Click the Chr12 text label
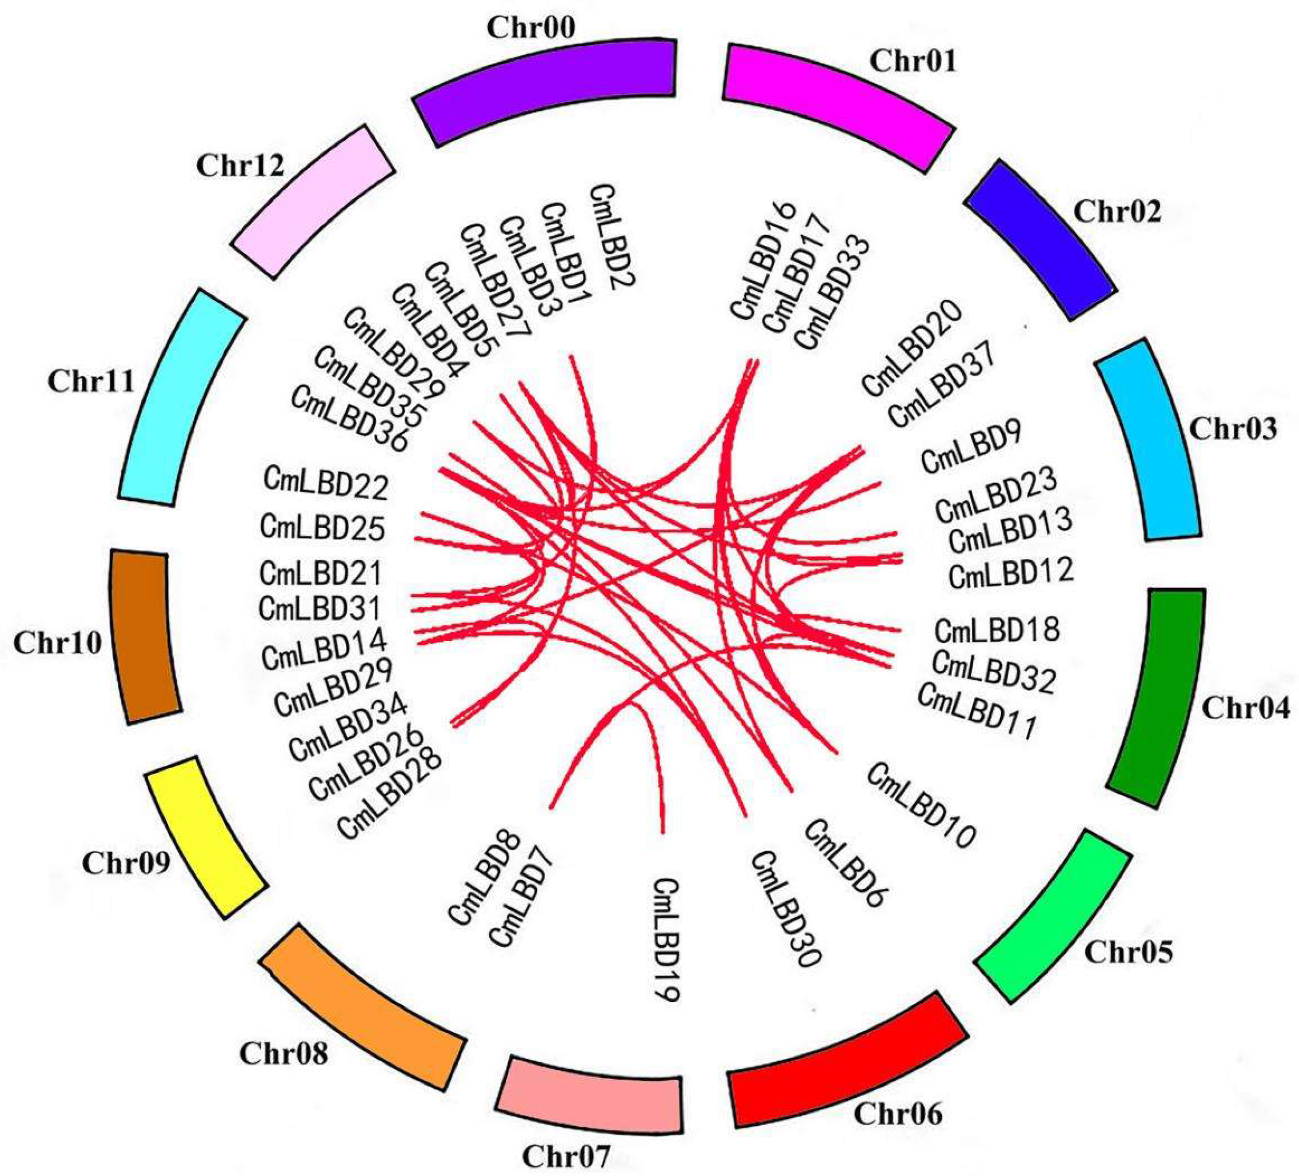click(x=240, y=166)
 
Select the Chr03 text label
click(x=1232, y=428)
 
